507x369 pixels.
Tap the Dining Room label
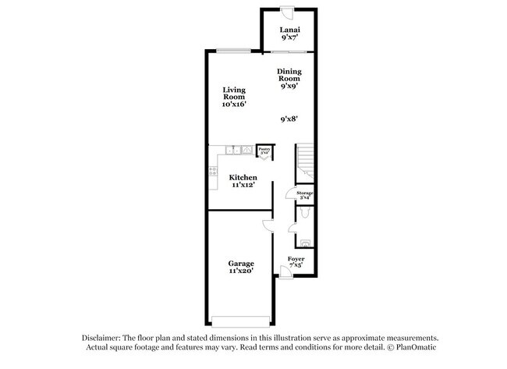click(290, 78)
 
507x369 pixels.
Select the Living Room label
click(233, 96)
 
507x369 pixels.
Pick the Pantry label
click(264, 151)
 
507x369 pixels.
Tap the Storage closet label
click(304, 194)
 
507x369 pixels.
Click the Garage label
click(240, 267)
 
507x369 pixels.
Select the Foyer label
click(296, 262)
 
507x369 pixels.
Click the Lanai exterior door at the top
click(288, 13)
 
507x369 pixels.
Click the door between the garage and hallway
click(268, 225)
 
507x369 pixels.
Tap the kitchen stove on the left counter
click(212, 172)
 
